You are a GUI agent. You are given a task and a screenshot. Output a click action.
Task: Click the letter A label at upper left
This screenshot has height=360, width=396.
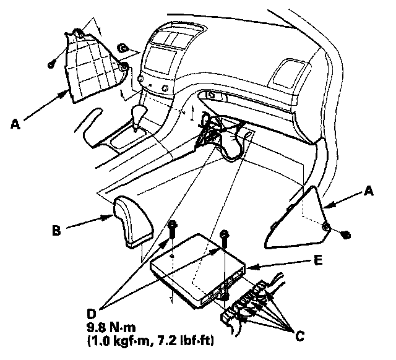(15, 124)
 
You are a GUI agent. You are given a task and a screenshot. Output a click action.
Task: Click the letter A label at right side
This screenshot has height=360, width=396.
(370, 192)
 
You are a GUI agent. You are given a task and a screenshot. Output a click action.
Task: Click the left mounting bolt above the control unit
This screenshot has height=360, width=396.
(173, 229)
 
